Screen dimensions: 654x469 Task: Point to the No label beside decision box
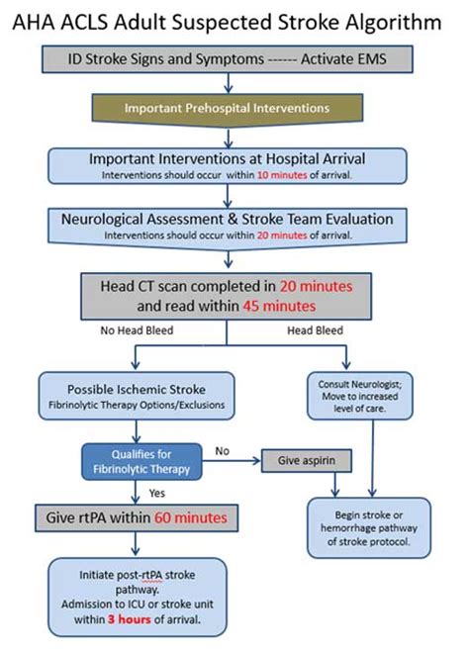click(x=224, y=450)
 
